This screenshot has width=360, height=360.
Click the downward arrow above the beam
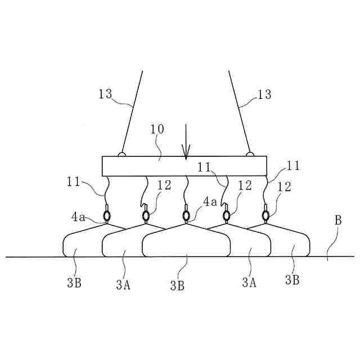click(x=186, y=143)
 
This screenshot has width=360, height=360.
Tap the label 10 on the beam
click(x=157, y=129)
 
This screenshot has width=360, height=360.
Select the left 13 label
click(x=105, y=94)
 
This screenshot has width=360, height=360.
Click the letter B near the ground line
click(x=338, y=220)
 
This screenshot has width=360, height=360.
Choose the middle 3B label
click(x=177, y=285)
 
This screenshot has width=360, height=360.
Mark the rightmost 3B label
click(x=292, y=280)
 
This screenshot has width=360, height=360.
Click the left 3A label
click(x=123, y=284)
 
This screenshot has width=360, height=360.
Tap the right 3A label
click(x=249, y=282)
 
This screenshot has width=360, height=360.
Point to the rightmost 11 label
click(x=293, y=166)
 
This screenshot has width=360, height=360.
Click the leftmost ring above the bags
click(x=107, y=216)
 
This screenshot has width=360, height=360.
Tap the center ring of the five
click(x=186, y=216)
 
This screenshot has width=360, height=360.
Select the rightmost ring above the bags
click(x=265, y=215)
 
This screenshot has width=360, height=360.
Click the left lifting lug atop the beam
click(x=121, y=154)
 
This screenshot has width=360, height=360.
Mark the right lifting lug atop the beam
click(x=250, y=154)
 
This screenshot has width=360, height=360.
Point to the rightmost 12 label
click(x=285, y=187)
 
